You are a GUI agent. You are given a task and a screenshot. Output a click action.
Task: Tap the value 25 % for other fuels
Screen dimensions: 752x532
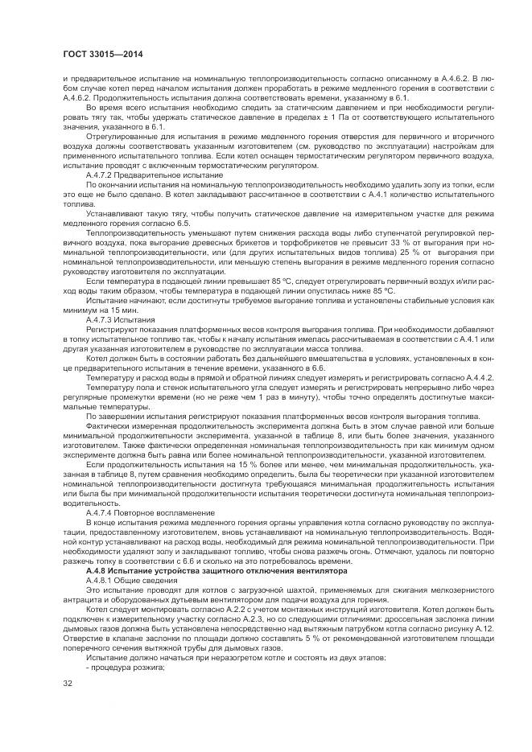392,254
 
